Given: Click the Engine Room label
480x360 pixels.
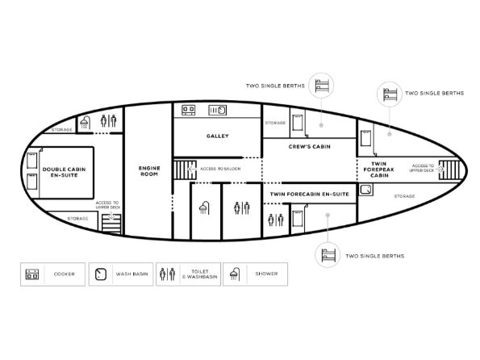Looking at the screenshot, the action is (149, 171).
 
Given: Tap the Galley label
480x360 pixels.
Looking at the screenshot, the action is (217, 136).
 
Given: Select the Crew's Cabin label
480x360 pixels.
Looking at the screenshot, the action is (310, 147).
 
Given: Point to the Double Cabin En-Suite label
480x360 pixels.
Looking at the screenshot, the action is (64, 172).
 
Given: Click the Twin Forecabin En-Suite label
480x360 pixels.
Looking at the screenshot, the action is (310, 194).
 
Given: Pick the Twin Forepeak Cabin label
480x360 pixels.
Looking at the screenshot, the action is (379, 170).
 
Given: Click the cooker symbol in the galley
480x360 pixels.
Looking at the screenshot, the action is (189, 110).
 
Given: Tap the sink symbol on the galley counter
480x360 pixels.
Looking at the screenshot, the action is (218, 111).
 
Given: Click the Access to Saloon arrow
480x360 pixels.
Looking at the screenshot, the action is (192, 169).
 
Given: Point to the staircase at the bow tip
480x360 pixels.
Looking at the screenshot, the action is (449, 170).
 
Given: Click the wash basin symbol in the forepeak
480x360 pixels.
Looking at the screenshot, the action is (365, 190).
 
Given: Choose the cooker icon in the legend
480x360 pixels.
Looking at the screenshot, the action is (32, 274).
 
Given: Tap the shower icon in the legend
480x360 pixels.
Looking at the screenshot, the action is (235, 274).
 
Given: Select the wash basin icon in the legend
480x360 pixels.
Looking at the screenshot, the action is (101, 274).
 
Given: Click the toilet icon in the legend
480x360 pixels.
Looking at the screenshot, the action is (168, 274).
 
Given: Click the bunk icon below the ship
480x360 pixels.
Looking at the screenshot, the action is (328, 255).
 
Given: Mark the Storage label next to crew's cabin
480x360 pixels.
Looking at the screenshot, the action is (275, 123).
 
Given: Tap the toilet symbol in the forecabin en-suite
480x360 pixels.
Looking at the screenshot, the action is (276, 220).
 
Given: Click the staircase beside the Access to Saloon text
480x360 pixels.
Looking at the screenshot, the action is (185, 170).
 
